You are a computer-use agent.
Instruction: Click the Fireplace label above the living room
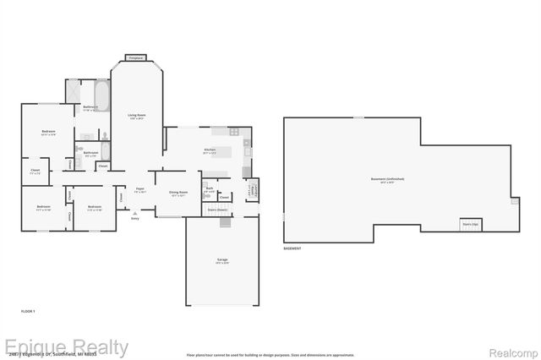(135, 57)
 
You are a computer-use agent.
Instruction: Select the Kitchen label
(210, 151)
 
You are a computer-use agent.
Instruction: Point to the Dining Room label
(178, 194)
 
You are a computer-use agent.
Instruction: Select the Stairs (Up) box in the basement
(470, 225)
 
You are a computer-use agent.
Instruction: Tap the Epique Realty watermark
(66, 346)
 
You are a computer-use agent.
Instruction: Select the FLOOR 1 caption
(28, 312)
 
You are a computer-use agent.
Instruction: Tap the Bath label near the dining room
(209, 188)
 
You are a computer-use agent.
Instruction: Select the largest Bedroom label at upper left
(48, 133)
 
